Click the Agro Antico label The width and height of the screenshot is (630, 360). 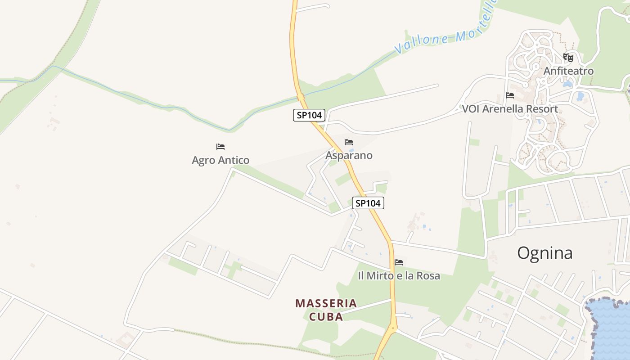click(220, 160)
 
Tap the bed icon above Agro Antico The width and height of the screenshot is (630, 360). click(220, 147)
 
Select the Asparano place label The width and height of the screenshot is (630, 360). click(349, 156)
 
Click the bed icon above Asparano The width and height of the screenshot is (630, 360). click(349, 142)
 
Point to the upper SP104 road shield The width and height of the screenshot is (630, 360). click(309, 115)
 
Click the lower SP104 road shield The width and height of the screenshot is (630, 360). click(368, 203)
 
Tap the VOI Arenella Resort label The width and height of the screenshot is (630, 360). click(510, 109)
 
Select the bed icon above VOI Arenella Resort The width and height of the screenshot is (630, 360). click(510, 95)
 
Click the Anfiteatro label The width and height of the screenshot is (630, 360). click(568, 71)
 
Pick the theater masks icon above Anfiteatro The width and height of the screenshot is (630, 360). click(568, 58)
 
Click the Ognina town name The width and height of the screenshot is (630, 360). click(544, 253)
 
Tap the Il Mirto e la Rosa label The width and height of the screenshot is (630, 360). click(399, 276)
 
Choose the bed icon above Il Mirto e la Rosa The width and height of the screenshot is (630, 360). click(399, 262)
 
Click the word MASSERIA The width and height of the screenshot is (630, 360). click(326, 303)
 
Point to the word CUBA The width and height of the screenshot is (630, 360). click(326, 317)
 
